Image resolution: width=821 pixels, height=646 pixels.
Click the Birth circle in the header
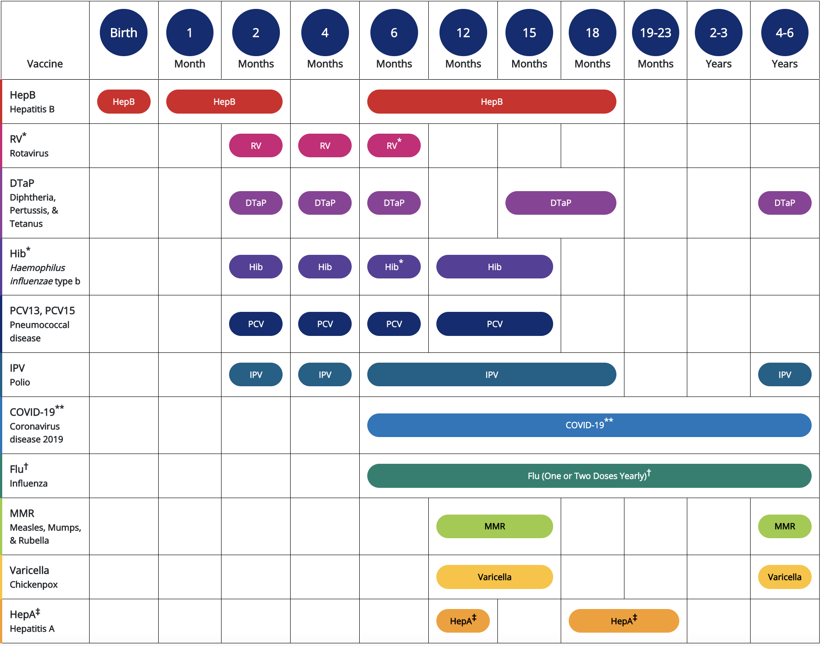[x=123, y=33]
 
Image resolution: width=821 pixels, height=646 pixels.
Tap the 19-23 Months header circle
[x=655, y=33]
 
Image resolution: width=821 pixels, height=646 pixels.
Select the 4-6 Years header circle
[x=784, y=33]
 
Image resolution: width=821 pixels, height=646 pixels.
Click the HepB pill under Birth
[x=123, y=102]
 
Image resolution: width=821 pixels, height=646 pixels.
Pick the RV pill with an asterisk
[x=394, y=146]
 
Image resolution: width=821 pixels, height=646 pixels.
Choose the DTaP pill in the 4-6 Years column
[x=784, y=203]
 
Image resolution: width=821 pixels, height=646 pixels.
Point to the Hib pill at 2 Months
[x=255, y=267]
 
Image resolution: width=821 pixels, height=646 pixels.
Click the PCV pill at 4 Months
[x=325, y=324]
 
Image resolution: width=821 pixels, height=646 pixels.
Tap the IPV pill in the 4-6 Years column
[x=784, y=375]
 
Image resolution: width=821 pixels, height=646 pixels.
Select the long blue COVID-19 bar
[x=589, y=425]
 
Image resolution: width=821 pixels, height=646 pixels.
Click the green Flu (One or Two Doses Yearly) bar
[x=589, y=476]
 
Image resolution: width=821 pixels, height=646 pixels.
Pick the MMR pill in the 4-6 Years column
[x=784, y=526]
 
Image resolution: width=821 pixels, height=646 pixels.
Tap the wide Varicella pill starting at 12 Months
[x=494, y=577]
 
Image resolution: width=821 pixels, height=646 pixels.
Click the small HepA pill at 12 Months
[x=463, y=621]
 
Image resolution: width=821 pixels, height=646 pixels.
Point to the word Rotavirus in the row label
[x=29, y=153]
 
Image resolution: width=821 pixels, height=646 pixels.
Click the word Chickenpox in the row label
[x=34, y=585]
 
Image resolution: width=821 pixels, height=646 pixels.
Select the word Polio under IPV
[x=20, y=382]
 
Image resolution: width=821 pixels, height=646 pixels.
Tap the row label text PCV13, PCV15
[x=42, y=311]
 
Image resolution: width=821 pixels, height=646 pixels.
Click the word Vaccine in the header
[x=45, y=64]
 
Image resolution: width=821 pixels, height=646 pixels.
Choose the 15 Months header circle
[x=529, y=33]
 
